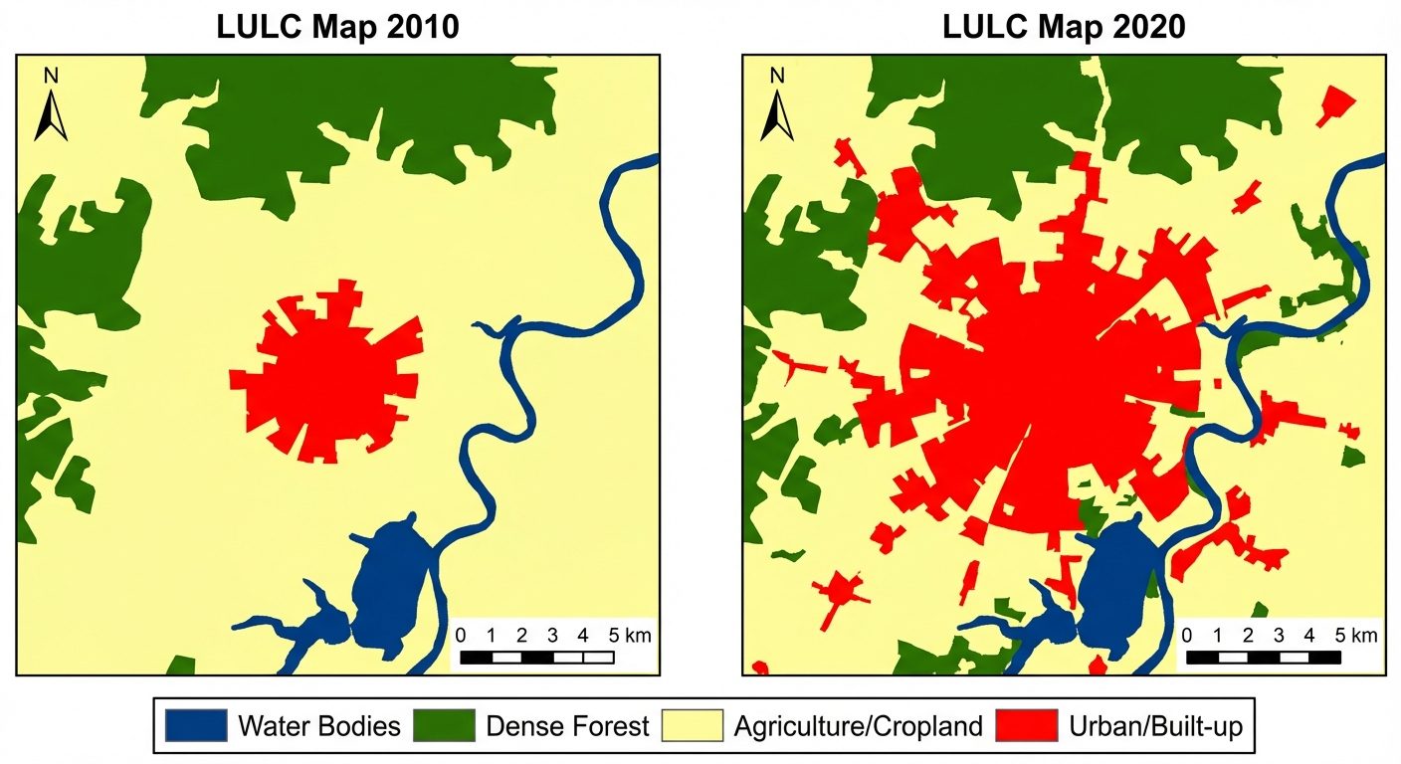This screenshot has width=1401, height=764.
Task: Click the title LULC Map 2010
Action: click(337, 27)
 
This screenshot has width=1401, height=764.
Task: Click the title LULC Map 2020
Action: click(1064, 27)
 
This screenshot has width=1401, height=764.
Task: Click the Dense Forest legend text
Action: click(567, 726)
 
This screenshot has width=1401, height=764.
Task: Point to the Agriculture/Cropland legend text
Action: click(858, 726)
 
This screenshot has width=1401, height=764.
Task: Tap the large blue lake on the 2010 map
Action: click(391, 587)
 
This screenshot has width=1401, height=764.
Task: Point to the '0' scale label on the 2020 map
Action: click(1187, 635)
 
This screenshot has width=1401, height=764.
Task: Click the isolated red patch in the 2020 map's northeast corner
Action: click(1336, 105)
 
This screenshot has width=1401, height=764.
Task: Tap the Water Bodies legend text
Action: click(318, 726)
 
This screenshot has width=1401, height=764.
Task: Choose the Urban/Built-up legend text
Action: click(1155, 726)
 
